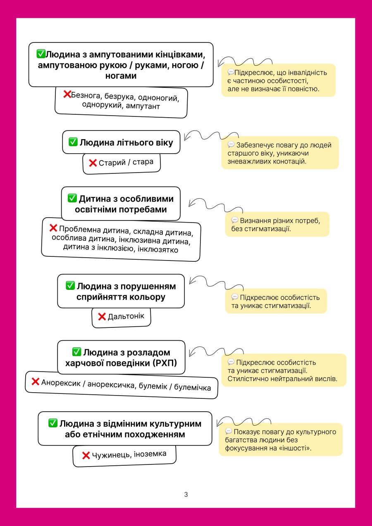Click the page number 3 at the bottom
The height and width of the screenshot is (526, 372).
[x=186, y=494]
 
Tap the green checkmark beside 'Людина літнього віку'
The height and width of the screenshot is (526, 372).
[x=73, y=142]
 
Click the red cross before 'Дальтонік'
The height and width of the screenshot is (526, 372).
[x=102, y=317]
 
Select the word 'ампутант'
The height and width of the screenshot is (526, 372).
[x=143, y=107]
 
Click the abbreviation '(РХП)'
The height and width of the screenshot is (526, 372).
[x=165, y=363]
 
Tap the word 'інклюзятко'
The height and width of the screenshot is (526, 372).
[x=158, y=249]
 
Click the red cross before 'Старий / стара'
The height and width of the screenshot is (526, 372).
[x=93, y=163]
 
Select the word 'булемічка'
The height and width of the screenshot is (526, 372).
[x=192, y=387]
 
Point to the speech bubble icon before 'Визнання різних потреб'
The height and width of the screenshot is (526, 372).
[x=235, y=220]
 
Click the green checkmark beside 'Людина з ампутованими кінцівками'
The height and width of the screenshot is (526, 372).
[x=41, y=54]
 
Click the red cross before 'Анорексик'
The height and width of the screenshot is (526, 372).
[x=36, y=381]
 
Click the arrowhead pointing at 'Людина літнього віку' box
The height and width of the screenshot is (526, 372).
[x=186, y=137]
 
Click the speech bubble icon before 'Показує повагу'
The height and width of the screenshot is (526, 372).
[x=229, y=431]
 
